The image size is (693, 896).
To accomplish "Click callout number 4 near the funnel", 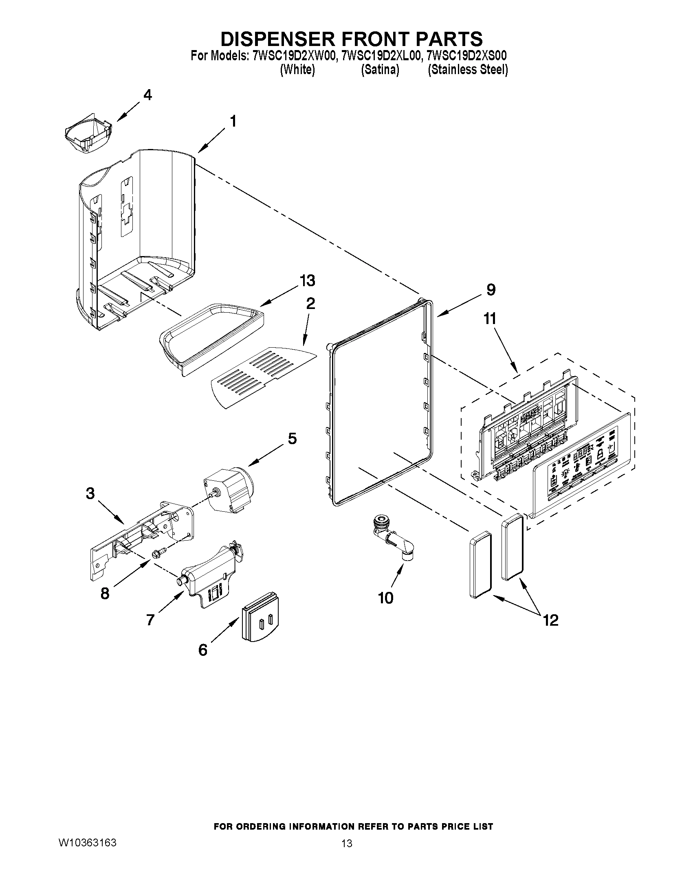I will pos(147,95).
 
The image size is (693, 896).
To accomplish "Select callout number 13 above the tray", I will pos(307,281).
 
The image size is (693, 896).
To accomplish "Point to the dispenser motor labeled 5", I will pos(229,490).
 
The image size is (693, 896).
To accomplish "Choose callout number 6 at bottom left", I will pos(203,650).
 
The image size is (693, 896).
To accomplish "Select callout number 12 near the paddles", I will pos(551,620).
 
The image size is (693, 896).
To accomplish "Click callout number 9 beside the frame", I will pos(491,290).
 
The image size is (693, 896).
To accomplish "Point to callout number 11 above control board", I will pos(490,319).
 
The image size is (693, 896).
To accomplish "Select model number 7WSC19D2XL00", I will pos(381,55).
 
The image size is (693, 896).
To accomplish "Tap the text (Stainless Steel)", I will pos(468,70).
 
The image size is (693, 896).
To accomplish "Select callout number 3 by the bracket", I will pos(90,493).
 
